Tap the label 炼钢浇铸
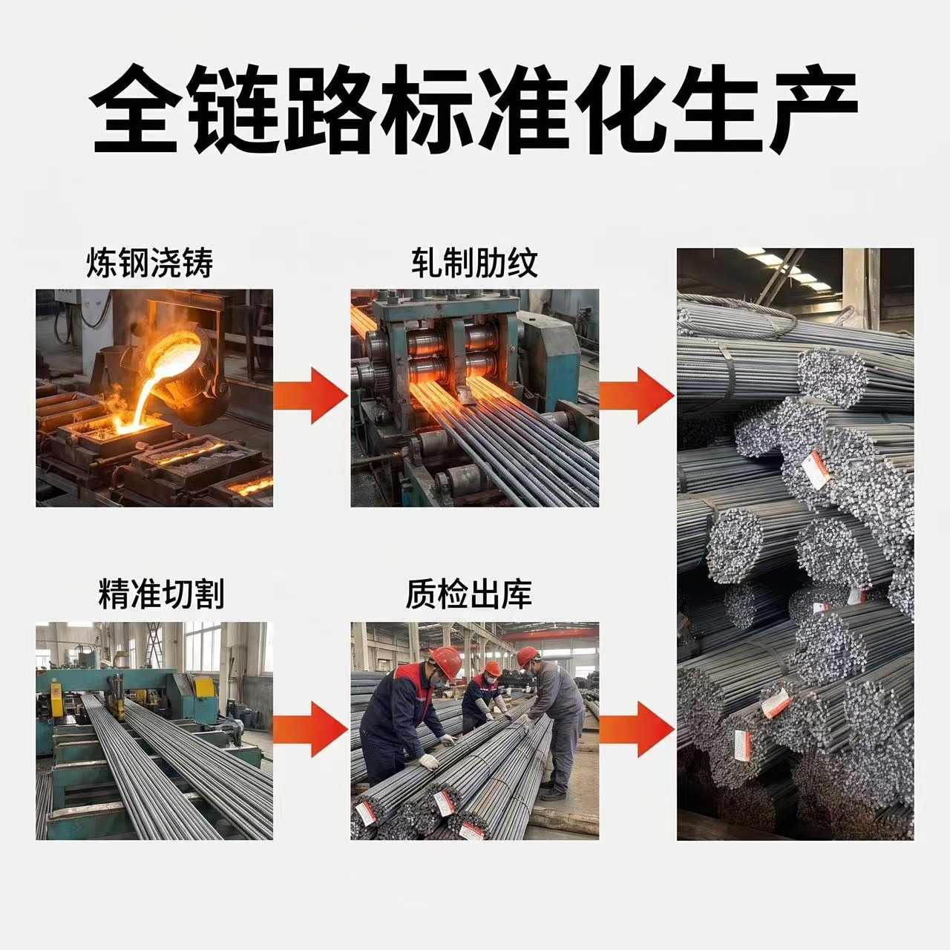coord(150,263)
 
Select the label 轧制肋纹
coord(475,263)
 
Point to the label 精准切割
coord(162,594)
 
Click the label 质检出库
coord(469,594)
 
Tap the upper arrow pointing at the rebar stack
coord(637,396)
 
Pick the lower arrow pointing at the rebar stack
coord(637,730)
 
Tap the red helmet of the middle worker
coord(493,669)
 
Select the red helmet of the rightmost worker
coord(528,656)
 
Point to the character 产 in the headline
coord(813,108)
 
